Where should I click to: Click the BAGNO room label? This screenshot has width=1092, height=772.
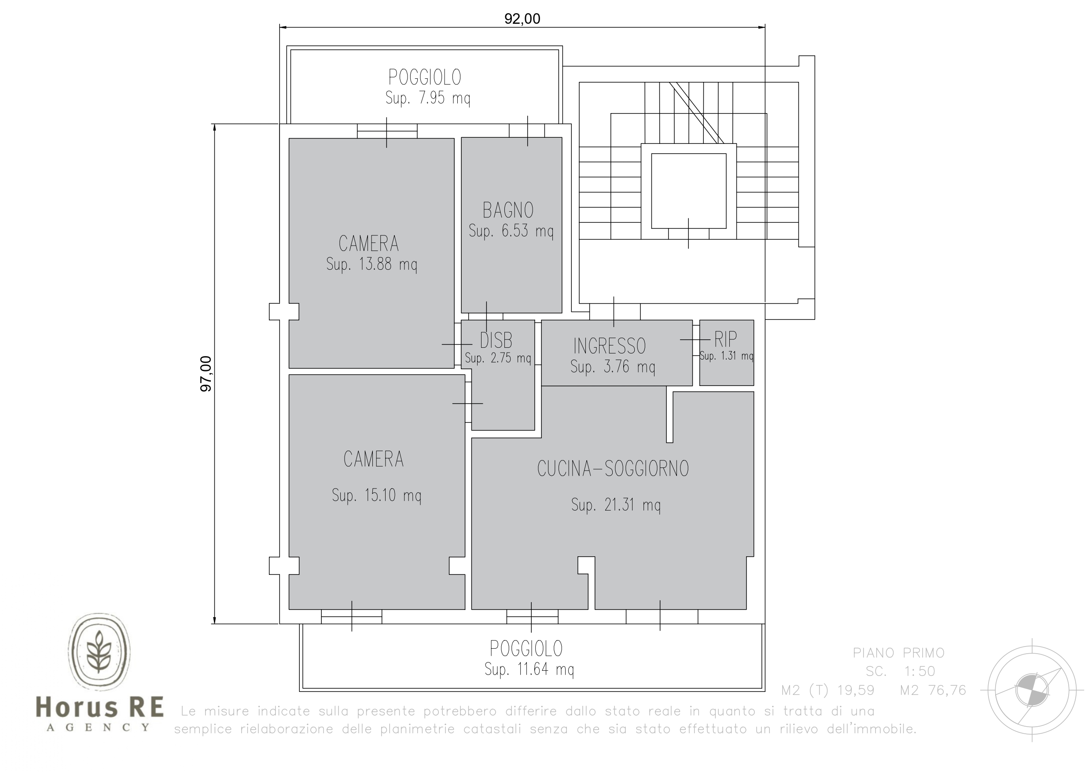pos(508,210)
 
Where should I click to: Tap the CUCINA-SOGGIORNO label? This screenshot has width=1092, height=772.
pos(613,469)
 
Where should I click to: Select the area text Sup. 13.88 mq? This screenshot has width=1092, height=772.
pos(371,264)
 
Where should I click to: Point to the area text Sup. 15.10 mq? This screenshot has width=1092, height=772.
pos(376,496)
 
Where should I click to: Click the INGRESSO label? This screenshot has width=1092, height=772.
pos(609,346)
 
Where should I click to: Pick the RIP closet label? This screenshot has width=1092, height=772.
pos(725,339)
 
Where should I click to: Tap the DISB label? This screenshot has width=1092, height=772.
pos(496,341)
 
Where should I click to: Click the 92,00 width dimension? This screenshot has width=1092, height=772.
pos(522,18)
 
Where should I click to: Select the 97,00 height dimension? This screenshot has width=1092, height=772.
pos(206,374)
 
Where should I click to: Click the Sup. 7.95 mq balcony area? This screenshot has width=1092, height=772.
pos(427,98)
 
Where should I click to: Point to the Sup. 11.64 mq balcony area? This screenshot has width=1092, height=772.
pos(529,669)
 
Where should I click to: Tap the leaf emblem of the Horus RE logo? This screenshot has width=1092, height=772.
pos(99,651)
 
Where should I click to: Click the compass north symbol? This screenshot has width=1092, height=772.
pos(1032,690)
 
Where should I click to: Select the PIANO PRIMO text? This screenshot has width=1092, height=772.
pos(898,653)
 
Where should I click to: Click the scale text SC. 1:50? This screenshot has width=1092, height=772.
pos(901,671)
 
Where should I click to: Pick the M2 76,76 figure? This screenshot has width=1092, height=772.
pos(933,690)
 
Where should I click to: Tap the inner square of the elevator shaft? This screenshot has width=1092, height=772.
pos(689,191)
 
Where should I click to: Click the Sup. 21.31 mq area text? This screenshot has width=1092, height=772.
pos(616,505)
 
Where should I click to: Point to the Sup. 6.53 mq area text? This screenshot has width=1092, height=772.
pos(511,231)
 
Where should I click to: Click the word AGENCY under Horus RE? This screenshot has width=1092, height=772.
pos(99,727)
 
